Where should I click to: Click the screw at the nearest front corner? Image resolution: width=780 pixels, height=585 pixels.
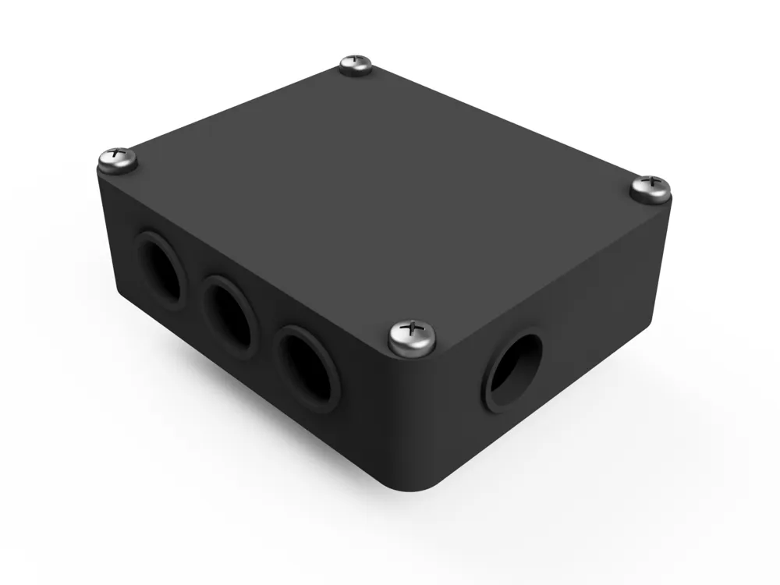point(412,335)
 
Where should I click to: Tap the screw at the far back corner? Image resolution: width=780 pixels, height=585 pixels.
point(356,64)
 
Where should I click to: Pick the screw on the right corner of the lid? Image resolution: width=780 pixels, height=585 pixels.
point(650,188)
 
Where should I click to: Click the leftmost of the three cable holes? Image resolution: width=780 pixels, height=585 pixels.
point(161,270)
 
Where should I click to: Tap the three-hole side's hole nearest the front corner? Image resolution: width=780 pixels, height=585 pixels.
point(310,367)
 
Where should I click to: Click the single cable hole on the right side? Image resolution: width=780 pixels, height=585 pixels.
point(514,371)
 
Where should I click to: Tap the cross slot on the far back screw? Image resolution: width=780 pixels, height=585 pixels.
point(356,59)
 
